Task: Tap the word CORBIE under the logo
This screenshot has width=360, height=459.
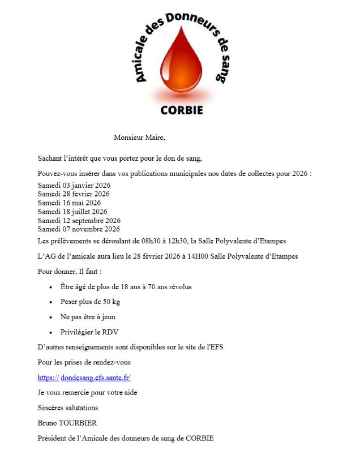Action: (x=181, y=109)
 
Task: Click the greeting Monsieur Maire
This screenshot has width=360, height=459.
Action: (x=139, y=137)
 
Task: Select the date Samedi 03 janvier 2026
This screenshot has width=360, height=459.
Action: (x=74, y=186)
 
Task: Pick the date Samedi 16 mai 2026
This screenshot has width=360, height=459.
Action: (x=69, y=203)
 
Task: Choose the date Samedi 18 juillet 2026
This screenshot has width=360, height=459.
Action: (x=72, y=212)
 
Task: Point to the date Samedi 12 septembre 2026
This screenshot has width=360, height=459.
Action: (x=79, y=220)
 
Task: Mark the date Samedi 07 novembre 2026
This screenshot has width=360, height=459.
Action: (x=79, y=229)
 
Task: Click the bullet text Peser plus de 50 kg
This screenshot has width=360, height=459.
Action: (x=90, y=302)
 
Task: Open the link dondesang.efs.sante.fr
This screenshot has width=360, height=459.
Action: (x=96, y=377)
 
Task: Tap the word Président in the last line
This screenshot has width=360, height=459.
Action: (x=52, y=438)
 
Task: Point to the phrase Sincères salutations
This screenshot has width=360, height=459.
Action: (x=67, y=407)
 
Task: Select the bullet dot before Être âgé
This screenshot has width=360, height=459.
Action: (x=51, y=288)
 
